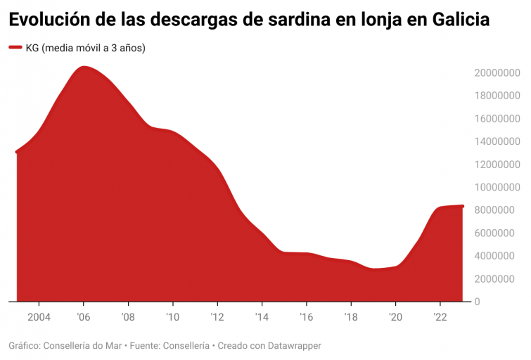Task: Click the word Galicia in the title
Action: [x=455, y=20]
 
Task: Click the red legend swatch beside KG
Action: [x=15, y=48]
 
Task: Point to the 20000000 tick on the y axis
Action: [x=496, y=73]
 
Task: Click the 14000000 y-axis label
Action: [x=496, y=142]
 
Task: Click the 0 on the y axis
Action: [x=477, y=302]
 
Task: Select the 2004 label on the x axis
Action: [x=38, y=316]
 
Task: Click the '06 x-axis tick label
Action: [x=83, y=316]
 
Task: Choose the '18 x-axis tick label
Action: [x=350, y=316]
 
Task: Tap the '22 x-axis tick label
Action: [x=440, y=316]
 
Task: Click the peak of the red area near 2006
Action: [x=84, y=67]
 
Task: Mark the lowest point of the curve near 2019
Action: [x=374, y=269]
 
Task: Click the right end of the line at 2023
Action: [x=462, y=206]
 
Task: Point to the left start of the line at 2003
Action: [x=17, y=152]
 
